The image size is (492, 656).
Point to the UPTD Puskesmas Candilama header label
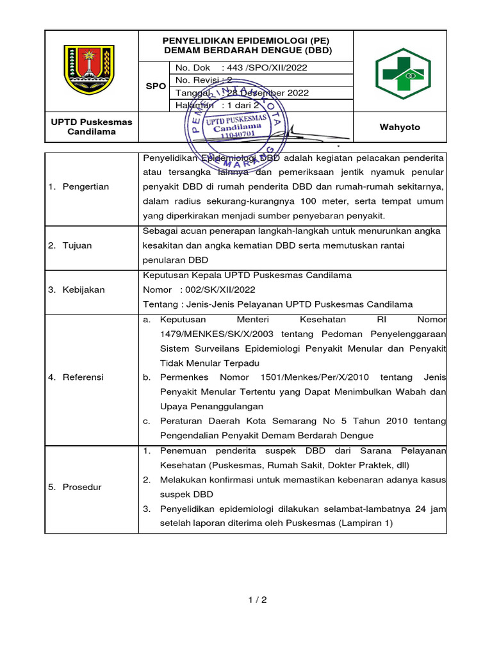click(x=92, y=127)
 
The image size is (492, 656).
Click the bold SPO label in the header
click(x=156, y=86)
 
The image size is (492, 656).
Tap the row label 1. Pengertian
click(x=79, y=186)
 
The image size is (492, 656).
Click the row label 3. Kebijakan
click(x=76, y=290)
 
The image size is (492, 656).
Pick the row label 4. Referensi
click(x=76, y=377)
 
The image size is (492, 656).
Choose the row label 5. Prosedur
click(x=74, y=487)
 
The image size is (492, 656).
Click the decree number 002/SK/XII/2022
click(x=220, y=290)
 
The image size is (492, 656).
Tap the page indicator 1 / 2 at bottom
click(x=257, y=600)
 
